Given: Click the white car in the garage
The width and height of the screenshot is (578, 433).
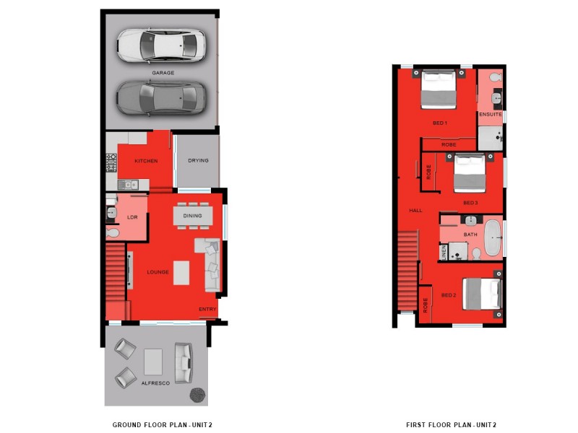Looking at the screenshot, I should [x=161, y=45].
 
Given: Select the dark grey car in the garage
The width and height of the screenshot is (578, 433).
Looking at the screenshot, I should [x=161, y=97].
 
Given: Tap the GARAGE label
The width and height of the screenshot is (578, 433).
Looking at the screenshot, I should [x=163, y=72].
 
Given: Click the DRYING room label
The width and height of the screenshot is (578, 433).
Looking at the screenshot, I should [x=198, y=160].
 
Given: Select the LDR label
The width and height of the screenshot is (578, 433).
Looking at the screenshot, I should [x=131, y=216].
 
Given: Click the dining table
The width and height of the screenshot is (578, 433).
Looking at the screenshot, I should [x=193, y=215].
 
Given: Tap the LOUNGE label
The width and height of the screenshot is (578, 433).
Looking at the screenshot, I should [x=158, y=272].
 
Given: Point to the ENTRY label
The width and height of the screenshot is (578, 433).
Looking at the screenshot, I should [x=207, y=310].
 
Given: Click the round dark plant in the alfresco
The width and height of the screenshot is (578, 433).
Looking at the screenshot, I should [x=198, y=395].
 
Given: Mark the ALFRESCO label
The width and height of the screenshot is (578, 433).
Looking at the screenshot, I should [x=155, y=383].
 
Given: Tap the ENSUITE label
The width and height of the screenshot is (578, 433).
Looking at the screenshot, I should [x=490, y=114].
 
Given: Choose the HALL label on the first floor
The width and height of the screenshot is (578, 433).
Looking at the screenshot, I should [x=415, y=211].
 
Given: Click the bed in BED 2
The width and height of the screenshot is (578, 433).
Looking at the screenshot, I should [x=483, y=294].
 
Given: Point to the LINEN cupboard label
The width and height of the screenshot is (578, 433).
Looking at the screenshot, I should [x=444, y=252].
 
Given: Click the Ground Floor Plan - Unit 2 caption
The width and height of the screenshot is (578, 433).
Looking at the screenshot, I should [x=162, y=424].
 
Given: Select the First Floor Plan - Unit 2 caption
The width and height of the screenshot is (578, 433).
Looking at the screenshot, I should [x=451, y=424].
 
